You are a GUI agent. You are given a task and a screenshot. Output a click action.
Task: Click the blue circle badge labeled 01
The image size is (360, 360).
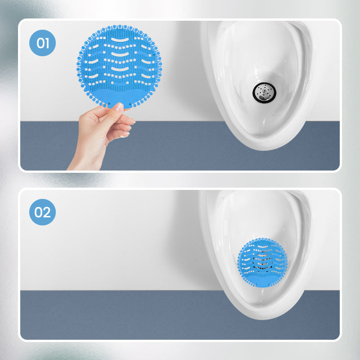coord(43,43)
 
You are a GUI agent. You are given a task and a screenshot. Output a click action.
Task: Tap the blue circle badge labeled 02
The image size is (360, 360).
coord(43,211)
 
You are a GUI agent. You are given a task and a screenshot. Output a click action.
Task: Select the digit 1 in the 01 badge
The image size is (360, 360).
coord(47,43)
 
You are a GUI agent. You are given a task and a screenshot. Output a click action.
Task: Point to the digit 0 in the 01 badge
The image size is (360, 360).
coord(40,43)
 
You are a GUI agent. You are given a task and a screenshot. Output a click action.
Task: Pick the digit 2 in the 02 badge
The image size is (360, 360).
coord(47,211)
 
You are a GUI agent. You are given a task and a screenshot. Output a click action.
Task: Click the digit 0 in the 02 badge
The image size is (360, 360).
coord(39,211)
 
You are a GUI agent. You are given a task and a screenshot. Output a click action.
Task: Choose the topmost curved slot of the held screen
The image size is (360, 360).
coord(119,40)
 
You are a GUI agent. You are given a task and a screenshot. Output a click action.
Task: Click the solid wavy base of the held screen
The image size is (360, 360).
coord(119,95)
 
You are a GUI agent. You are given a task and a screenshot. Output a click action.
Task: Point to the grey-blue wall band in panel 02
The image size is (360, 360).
coord(112,315)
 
